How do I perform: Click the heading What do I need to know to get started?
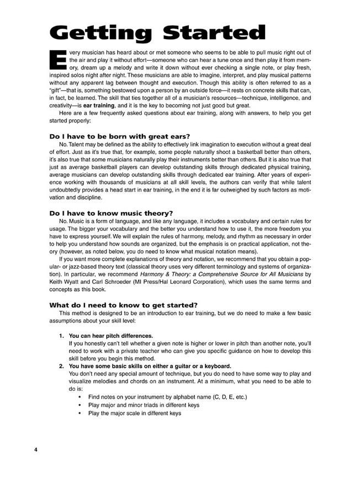coord(124,305)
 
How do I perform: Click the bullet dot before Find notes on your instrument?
coord(81,397)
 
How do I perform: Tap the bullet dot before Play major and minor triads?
coord(81,405)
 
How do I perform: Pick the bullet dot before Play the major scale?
coord(81,413)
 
